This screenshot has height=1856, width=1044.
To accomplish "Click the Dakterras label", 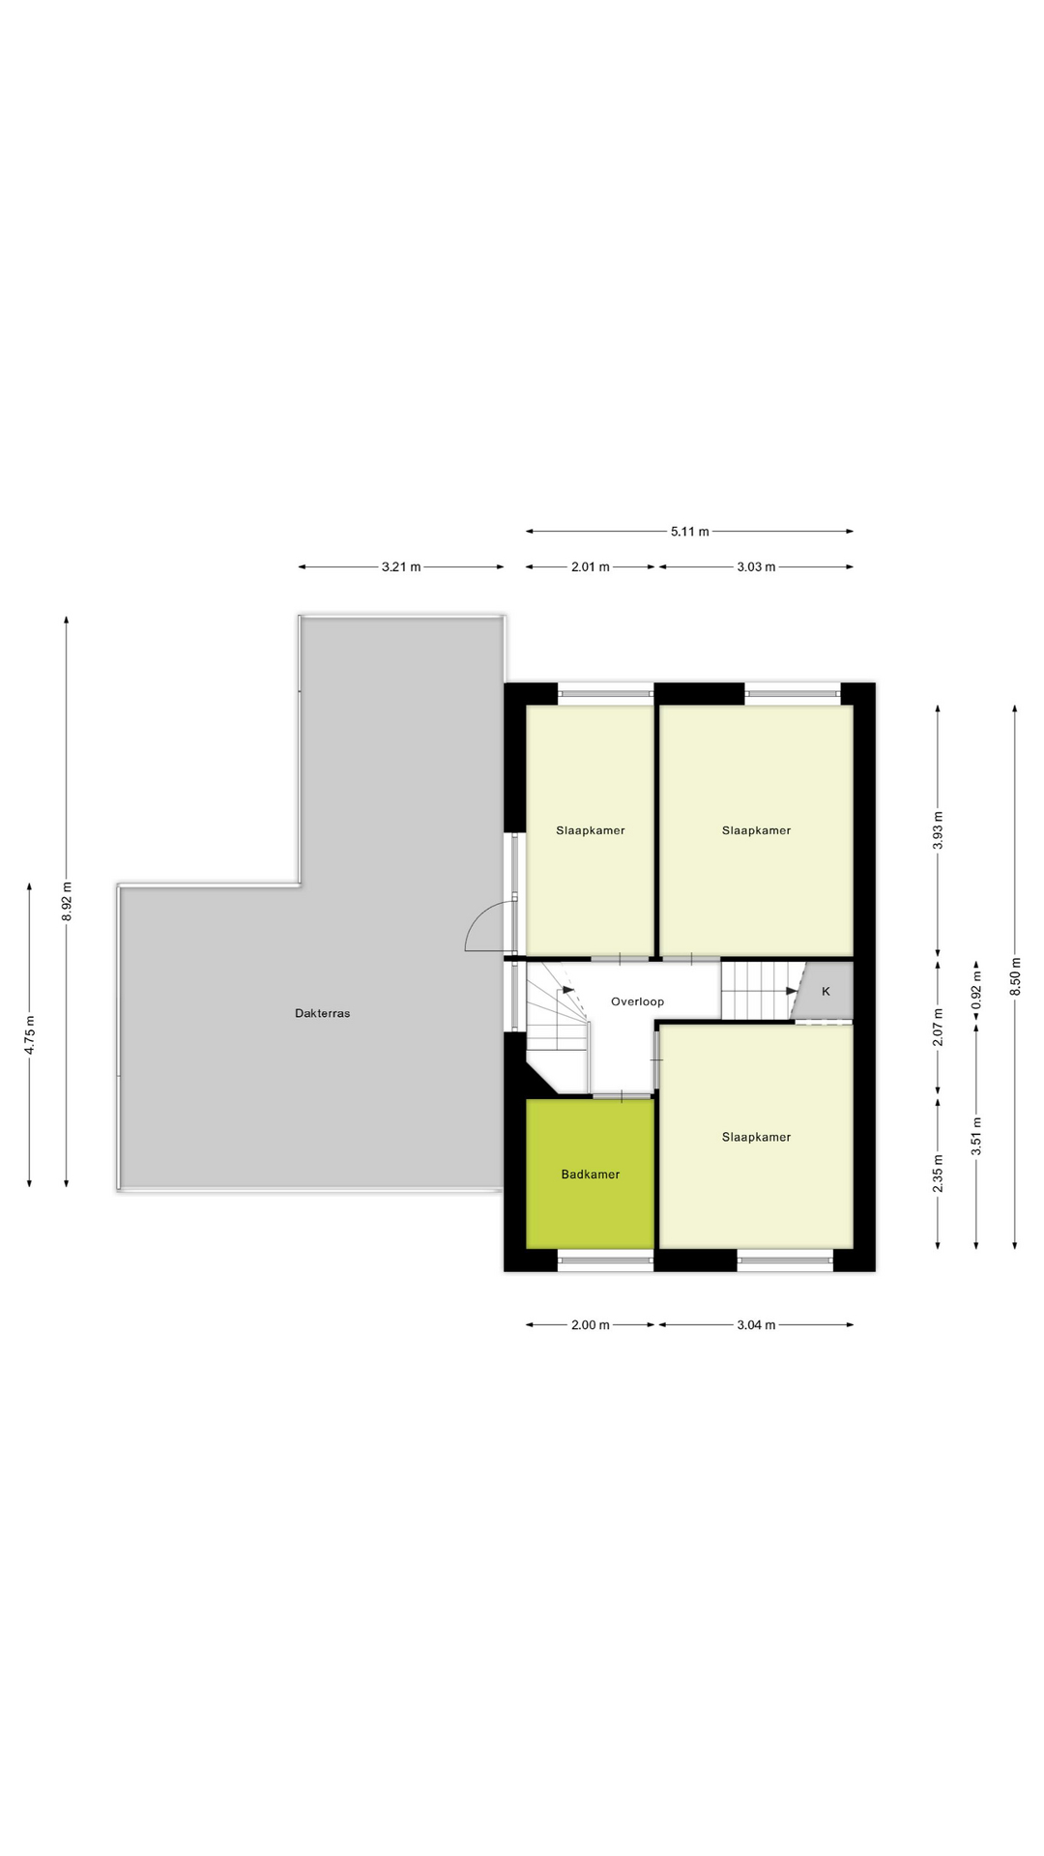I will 322,1013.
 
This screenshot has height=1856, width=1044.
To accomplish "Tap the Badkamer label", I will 590,1174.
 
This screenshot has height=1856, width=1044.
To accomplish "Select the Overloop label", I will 637,1001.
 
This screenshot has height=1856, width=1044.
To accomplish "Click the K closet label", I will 826,991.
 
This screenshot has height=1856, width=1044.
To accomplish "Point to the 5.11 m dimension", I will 689,531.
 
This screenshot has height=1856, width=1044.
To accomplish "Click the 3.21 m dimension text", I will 400,567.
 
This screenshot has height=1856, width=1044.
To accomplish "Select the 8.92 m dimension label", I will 67,901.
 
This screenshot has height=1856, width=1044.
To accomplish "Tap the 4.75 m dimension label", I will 30,1033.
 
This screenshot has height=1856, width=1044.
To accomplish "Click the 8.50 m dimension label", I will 1015,977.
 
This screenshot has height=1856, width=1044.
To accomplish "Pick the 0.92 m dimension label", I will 976,991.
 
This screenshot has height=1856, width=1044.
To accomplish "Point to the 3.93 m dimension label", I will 938,830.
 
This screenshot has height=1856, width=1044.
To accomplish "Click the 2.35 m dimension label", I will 938,1174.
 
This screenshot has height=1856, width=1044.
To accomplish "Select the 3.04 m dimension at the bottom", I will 756,1325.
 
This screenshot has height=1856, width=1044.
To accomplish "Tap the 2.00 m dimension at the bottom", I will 590,1325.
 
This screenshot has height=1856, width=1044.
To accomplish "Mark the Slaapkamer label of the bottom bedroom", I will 756,1137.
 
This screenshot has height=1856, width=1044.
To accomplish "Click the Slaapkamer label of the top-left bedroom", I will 590,830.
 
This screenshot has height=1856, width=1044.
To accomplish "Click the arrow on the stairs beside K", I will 791,991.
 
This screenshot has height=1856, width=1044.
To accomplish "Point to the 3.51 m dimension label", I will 976,1135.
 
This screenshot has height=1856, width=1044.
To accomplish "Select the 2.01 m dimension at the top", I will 590,567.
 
